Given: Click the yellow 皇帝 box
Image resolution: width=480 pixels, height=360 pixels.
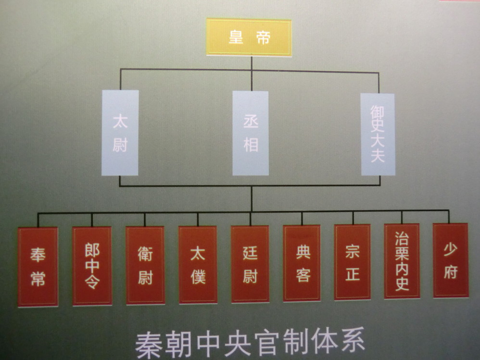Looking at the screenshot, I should (249, 37).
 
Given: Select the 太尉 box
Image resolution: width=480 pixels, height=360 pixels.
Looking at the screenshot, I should (120, 133).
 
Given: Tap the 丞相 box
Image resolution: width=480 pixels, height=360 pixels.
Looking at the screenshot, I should (251, 133).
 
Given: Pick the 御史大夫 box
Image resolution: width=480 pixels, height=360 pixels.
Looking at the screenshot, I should (378, 134).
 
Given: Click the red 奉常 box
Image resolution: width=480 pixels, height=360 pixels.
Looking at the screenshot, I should (38, 267).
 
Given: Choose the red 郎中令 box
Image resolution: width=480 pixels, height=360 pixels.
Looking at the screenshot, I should (92, 266).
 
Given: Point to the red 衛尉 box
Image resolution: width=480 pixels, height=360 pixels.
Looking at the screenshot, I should (145, 265).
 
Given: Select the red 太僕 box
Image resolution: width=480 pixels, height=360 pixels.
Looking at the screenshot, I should (198, 265).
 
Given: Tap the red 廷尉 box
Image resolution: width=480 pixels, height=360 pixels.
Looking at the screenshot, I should (250, 264).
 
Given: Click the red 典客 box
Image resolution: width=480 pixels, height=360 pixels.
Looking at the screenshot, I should (302, 263).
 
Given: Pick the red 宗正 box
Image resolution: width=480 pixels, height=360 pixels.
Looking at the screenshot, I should (353, 262).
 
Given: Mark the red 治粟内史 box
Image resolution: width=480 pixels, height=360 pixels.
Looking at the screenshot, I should (402, 261).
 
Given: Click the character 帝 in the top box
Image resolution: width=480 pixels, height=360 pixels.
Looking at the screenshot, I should (263, 37).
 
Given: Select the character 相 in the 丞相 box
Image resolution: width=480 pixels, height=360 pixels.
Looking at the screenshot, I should (251, 144).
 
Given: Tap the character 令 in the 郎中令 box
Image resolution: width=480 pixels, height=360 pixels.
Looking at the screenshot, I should (92, 283).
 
